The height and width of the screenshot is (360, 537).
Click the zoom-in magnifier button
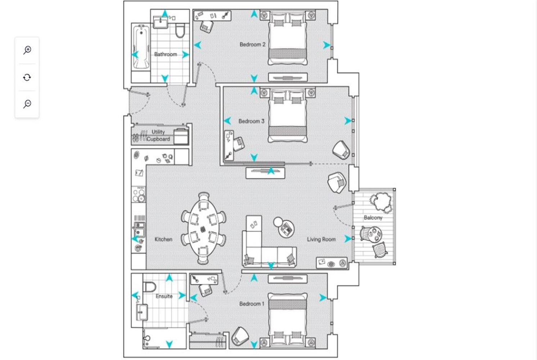27,50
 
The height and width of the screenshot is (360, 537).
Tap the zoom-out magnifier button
27,104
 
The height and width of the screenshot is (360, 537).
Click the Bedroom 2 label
252,45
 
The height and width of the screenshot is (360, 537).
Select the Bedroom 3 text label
251,121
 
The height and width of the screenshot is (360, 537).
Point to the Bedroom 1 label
252,304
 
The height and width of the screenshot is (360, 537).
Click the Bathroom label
166,54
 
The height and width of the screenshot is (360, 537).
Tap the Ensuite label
164,296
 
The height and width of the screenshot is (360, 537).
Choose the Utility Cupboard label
158,136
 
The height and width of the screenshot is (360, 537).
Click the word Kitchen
163,239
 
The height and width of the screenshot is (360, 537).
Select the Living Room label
321,239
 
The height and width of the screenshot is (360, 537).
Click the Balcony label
373,218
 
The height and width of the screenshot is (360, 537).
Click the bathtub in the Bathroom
141,47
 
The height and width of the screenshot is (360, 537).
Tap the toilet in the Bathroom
180,31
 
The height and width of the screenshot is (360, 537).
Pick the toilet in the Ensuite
149,287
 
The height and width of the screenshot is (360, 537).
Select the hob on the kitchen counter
139,195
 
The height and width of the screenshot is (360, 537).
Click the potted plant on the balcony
381,201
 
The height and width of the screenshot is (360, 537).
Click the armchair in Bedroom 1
240,336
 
